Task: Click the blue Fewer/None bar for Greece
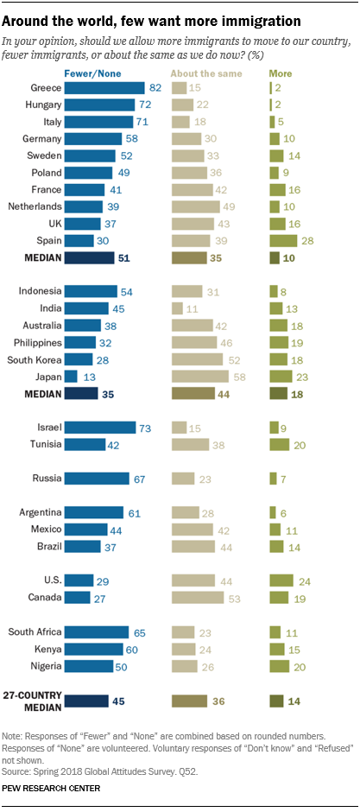[104, 88]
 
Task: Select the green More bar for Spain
[281, 241]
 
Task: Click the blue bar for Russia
[97, 478]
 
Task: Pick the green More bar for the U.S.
[281, 580]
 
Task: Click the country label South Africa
[35, 631]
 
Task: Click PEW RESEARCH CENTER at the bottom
[52, 788]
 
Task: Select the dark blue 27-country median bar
[86, 701]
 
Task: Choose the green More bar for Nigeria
[280, 665]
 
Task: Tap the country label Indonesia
[41, 291]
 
